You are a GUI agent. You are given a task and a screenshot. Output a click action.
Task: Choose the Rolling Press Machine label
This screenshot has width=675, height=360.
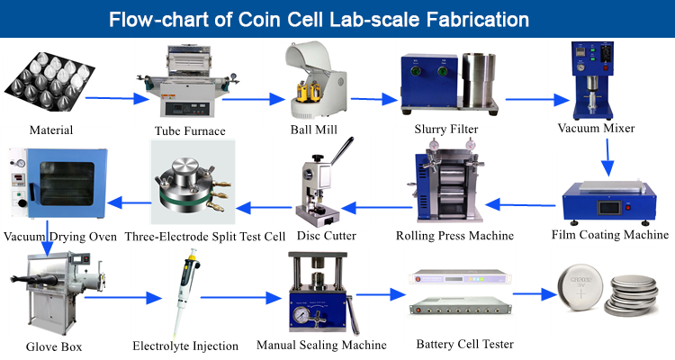(x=454, y=236)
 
